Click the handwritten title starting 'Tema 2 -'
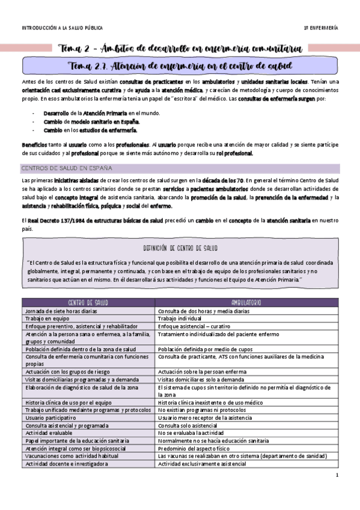point(180,48)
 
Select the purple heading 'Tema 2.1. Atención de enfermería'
point(180,64)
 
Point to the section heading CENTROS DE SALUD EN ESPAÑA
point(66,168)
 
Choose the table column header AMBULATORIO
point(245,303)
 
